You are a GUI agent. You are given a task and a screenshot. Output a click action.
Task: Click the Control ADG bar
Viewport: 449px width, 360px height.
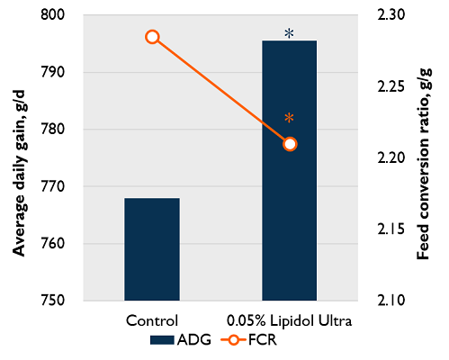(x=152, y=248)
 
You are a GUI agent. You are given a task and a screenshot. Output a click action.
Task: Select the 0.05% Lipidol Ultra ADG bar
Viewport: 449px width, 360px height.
(x=290, y=170)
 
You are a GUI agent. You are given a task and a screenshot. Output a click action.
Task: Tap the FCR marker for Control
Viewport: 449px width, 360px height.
(x=152, y=37)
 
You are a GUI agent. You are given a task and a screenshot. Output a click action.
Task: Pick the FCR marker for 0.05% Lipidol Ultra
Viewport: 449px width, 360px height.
(x=290, y=144)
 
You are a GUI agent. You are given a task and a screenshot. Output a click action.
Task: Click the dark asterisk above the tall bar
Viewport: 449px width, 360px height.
(x=289, y=33)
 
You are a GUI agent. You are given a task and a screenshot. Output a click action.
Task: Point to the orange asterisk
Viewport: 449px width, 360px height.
(x=289, y=118)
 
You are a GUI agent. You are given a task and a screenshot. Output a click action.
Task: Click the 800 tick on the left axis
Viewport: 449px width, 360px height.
(x=55, y=15)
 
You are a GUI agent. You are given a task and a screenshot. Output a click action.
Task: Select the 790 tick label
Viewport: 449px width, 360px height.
(x=55, y=72)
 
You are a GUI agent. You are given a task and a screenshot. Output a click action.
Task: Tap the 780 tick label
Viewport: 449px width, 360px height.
(x=55, y=130)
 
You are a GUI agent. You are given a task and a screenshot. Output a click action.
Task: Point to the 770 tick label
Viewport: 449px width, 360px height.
(x=55, y=186)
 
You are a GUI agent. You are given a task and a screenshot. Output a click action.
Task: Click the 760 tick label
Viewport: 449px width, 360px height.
(x=55, y=244)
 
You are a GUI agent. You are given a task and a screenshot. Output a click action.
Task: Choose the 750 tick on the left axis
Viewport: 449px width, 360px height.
(x=55, y=301)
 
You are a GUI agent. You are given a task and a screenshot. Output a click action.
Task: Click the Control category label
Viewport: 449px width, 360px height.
(x=152, y=319)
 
